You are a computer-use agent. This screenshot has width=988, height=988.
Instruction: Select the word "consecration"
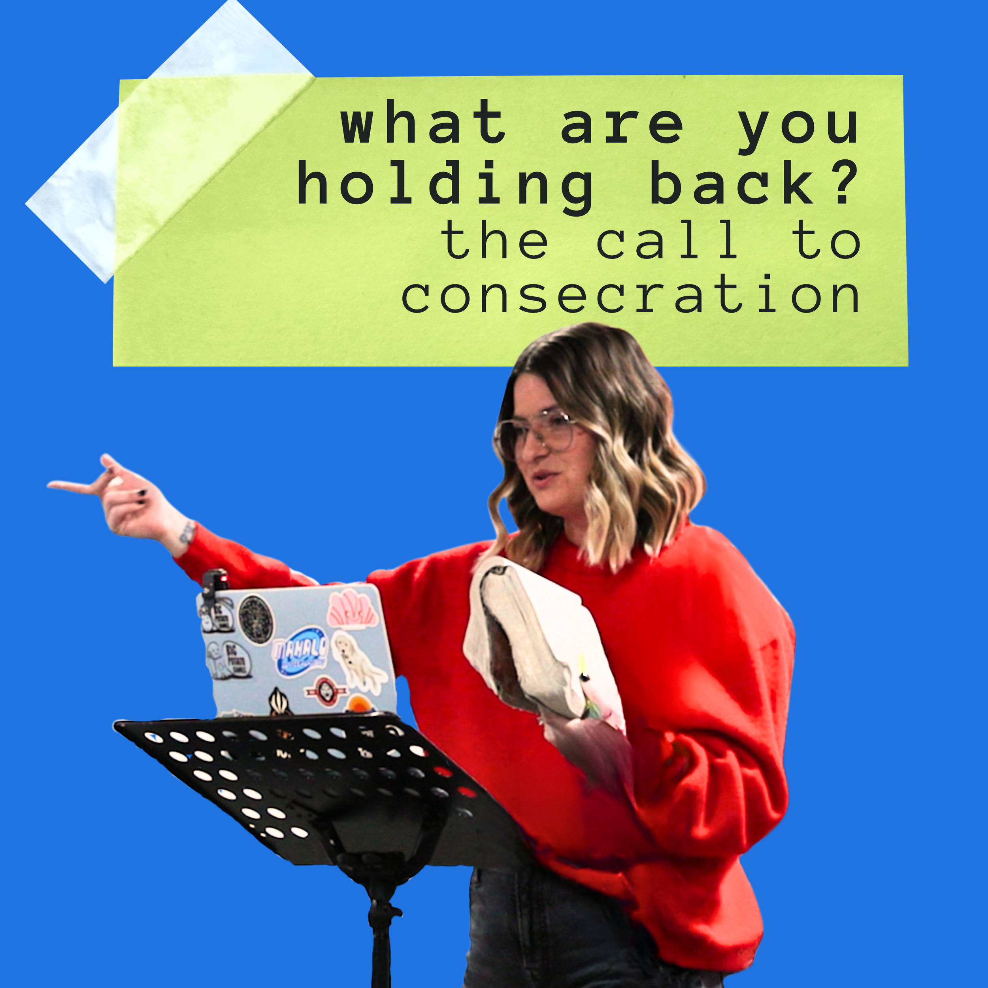point(630,296)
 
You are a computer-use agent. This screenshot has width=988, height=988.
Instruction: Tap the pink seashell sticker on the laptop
point(353,609)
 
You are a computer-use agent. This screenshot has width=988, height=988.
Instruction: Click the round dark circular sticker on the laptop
point(256,619)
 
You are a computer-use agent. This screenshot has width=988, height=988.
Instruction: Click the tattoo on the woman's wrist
point(186,532)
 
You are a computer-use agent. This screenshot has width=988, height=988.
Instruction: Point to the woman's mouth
point(543,479)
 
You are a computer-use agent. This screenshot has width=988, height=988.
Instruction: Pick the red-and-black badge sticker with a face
point(325,691)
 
